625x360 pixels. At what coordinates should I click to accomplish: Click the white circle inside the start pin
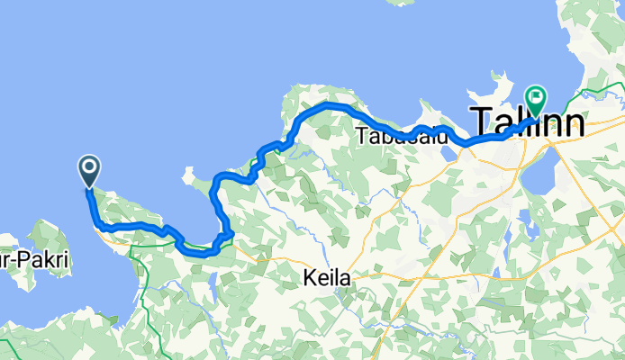click(90, 166)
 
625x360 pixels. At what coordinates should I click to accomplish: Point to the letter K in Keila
click(306, 280)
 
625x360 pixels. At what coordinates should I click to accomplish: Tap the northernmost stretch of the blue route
click(329, 105)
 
